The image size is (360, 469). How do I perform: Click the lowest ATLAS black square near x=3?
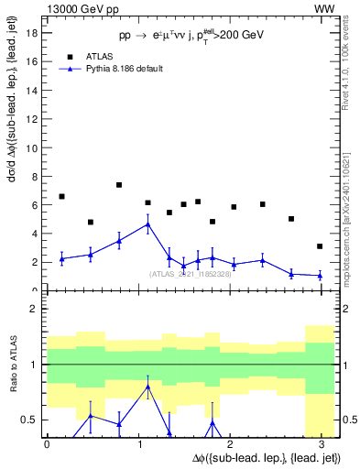320,246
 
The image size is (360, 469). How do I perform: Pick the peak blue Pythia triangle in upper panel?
148,224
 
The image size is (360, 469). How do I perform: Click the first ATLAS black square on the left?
61,197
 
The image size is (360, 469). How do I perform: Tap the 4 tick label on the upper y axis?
34,234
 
